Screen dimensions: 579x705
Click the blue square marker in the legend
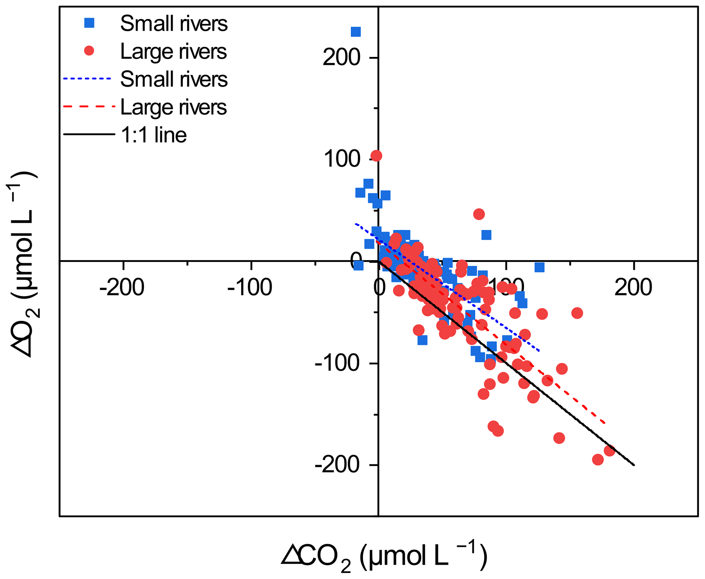click(x=89, y=23)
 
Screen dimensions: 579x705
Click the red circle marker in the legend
click(x=89, y=51)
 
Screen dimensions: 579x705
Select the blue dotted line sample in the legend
click(x=87, y=79)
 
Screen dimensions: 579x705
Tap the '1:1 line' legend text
click(x=153, y=135)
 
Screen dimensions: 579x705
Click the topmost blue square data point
click(x=356, y=32)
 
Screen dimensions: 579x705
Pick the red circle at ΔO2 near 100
click(x=376, y=156)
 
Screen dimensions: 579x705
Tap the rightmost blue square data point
click(x=539, y=267)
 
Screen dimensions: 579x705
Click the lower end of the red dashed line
click(x=605, y=423)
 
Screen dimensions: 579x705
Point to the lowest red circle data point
click(x=598, y=460)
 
